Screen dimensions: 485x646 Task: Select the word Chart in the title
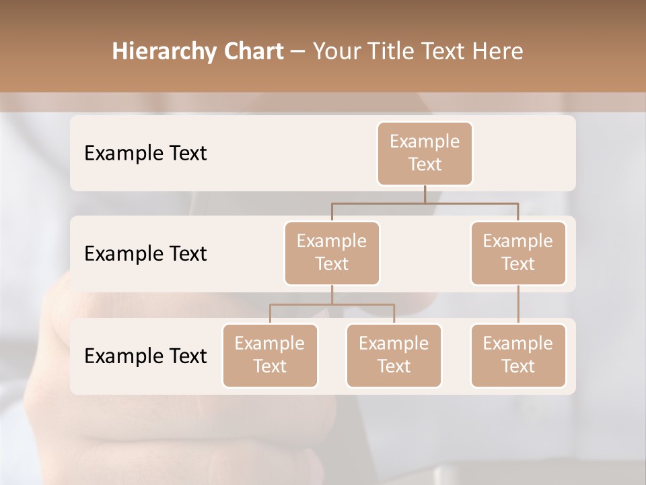[254, 52]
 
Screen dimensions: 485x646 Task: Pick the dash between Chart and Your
[299, 52]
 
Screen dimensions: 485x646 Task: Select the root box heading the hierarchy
[425, 153]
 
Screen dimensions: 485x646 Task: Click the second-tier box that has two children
[332, 253]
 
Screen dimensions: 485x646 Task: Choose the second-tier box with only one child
[518, 253]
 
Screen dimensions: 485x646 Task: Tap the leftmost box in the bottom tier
[270, 355]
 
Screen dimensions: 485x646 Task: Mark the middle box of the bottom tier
[394, 355]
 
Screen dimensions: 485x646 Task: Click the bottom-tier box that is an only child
[518, 355]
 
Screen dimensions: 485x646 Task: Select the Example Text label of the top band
[145, 153]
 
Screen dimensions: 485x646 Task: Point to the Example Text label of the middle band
[145, 253]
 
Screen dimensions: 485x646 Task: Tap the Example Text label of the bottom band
[145, 356]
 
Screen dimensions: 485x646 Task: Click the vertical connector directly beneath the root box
[425, 194]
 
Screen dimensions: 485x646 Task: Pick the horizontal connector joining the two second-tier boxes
[425, 202]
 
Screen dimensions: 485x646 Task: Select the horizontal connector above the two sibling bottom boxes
[332, 304]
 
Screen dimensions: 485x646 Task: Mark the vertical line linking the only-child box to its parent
[518, 304]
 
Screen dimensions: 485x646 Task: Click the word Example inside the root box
[425, 141]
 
